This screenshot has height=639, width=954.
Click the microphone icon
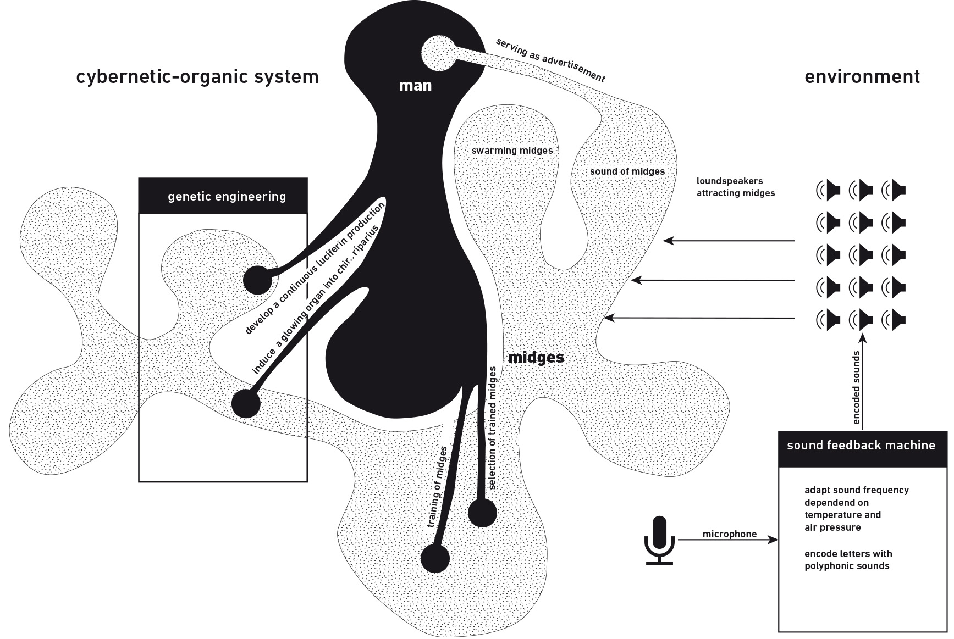tap(659, 540)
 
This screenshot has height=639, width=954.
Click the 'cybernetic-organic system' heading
tap(197, 76)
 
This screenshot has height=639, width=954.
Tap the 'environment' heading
tap(862, 76)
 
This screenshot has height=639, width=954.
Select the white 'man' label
tap(415, 85)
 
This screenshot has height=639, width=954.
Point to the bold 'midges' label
tap(536, 357)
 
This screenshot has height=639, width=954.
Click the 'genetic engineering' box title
tap(227, 196)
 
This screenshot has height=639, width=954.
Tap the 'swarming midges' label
tap(512, 151)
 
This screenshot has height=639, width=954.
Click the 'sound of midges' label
tap(627, 171)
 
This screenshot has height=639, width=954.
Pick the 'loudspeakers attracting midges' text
tap(735, 187)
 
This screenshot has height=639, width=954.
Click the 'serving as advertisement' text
tap(550, 60)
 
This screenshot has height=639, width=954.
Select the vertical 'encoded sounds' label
tap(856, 387)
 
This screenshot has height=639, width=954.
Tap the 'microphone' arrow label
tap(729, 534)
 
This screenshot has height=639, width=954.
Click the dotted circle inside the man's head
tap(438, 53)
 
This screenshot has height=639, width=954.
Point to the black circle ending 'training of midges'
tap(435, 559)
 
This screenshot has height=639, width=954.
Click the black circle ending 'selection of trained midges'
tap(482, 514)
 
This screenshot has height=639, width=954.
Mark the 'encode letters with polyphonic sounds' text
tap(848, 560)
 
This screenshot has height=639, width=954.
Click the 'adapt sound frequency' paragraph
tap(856, 509)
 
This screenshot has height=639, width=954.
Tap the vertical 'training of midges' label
tap(438, 487)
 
